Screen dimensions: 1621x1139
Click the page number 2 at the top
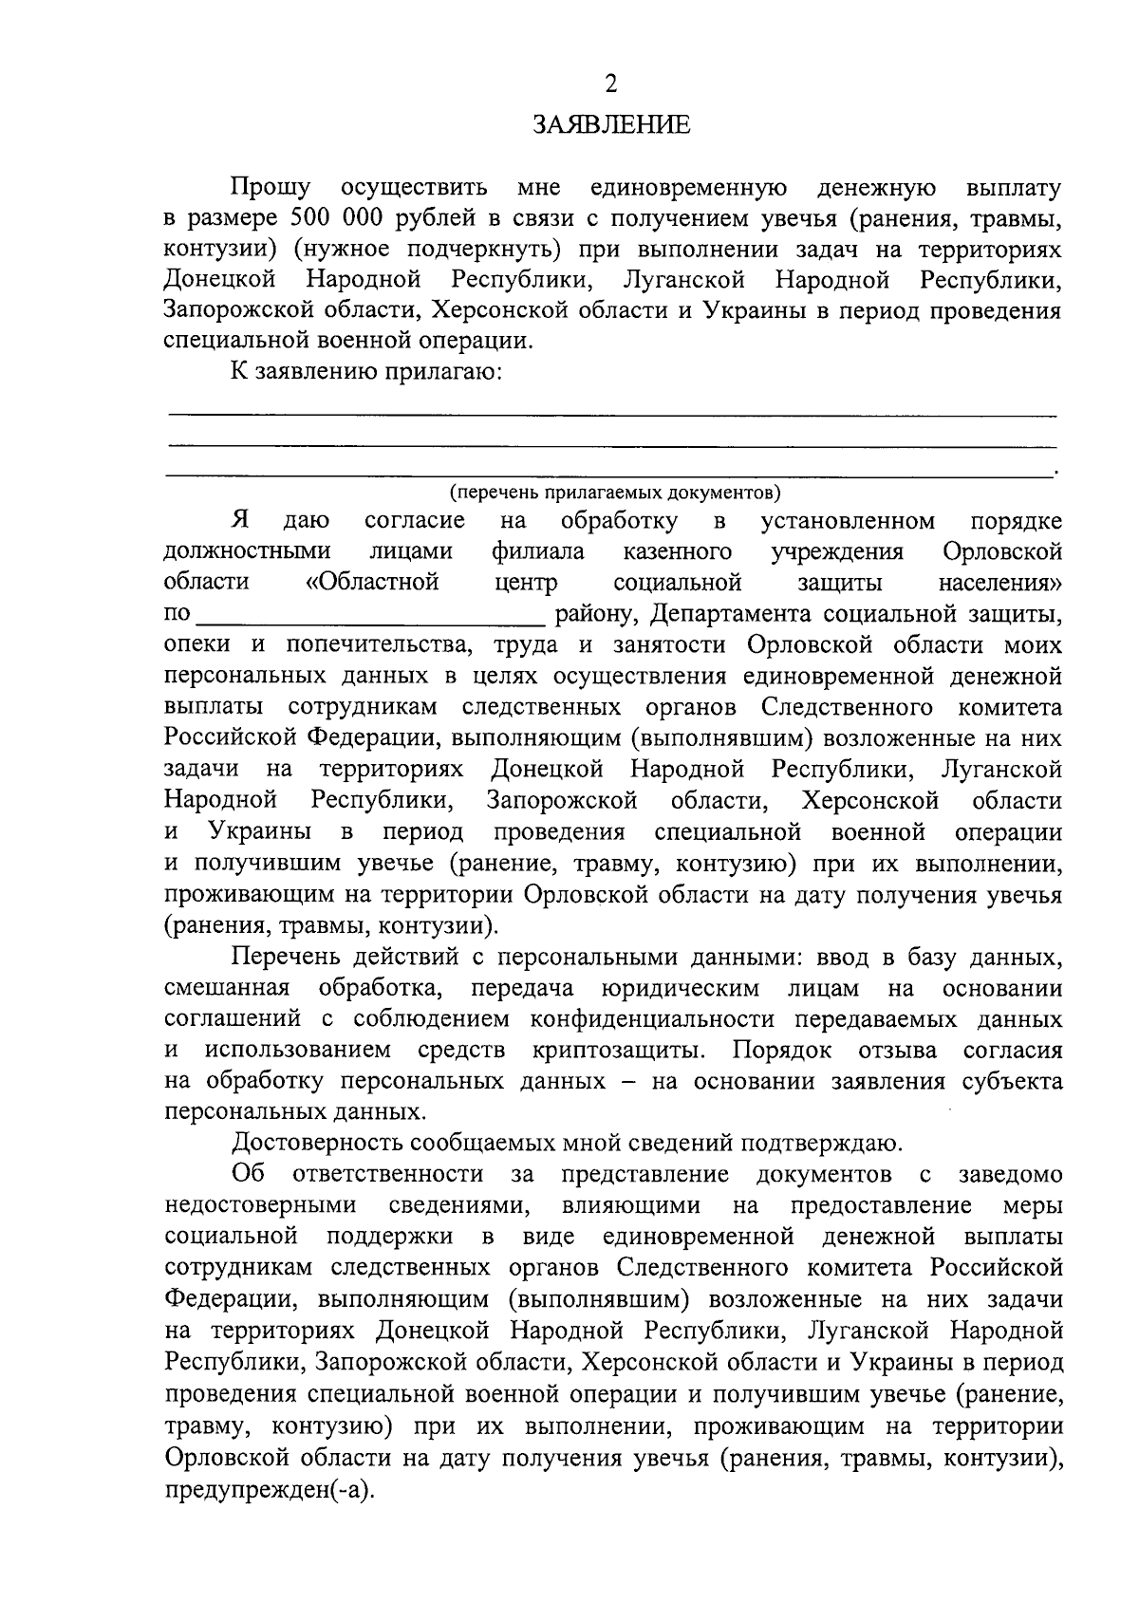[610, 84]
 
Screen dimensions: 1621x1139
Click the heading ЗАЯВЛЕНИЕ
[611, 125]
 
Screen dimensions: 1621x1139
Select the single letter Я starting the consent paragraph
[241, 520]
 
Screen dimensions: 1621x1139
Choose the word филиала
[538, 551]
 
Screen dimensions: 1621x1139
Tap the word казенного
[678, 551]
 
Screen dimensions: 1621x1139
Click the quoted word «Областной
[372, 582]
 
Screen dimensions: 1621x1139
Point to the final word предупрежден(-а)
[270, 1488]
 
